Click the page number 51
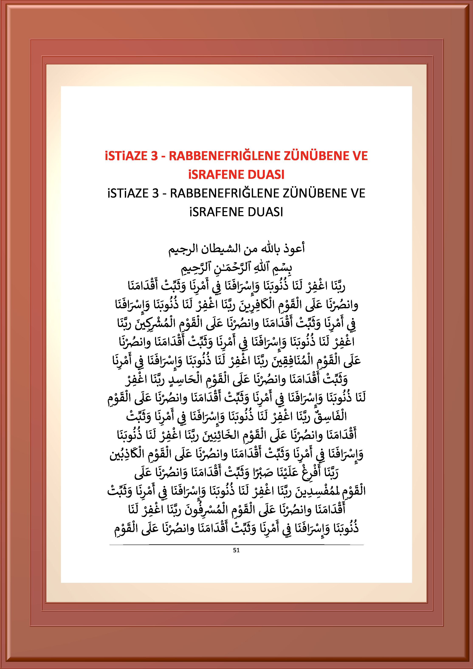point(236,550)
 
